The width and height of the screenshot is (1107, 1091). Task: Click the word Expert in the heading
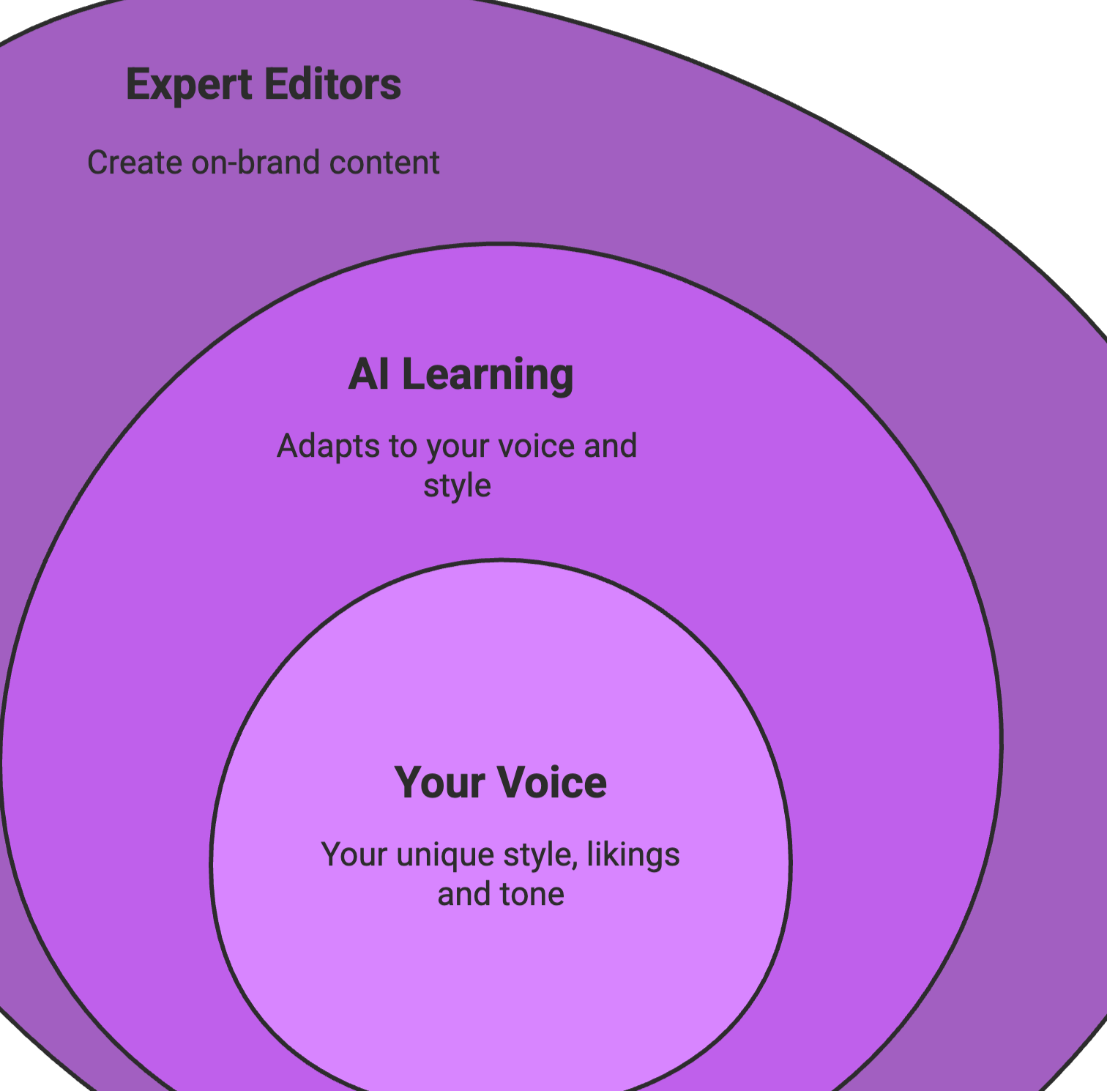189,85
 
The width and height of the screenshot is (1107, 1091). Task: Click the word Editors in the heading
332,84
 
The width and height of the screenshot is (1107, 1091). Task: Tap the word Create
135,163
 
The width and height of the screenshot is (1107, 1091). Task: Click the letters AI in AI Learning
368,374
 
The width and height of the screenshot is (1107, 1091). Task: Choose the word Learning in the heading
488,376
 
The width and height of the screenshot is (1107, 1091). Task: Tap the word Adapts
318,447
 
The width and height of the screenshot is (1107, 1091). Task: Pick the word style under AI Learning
457,486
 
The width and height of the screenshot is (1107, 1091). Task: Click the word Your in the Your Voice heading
439,783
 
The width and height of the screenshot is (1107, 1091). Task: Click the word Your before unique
354,854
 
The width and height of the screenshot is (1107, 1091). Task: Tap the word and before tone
464,895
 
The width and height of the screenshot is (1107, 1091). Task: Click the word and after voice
610,446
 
